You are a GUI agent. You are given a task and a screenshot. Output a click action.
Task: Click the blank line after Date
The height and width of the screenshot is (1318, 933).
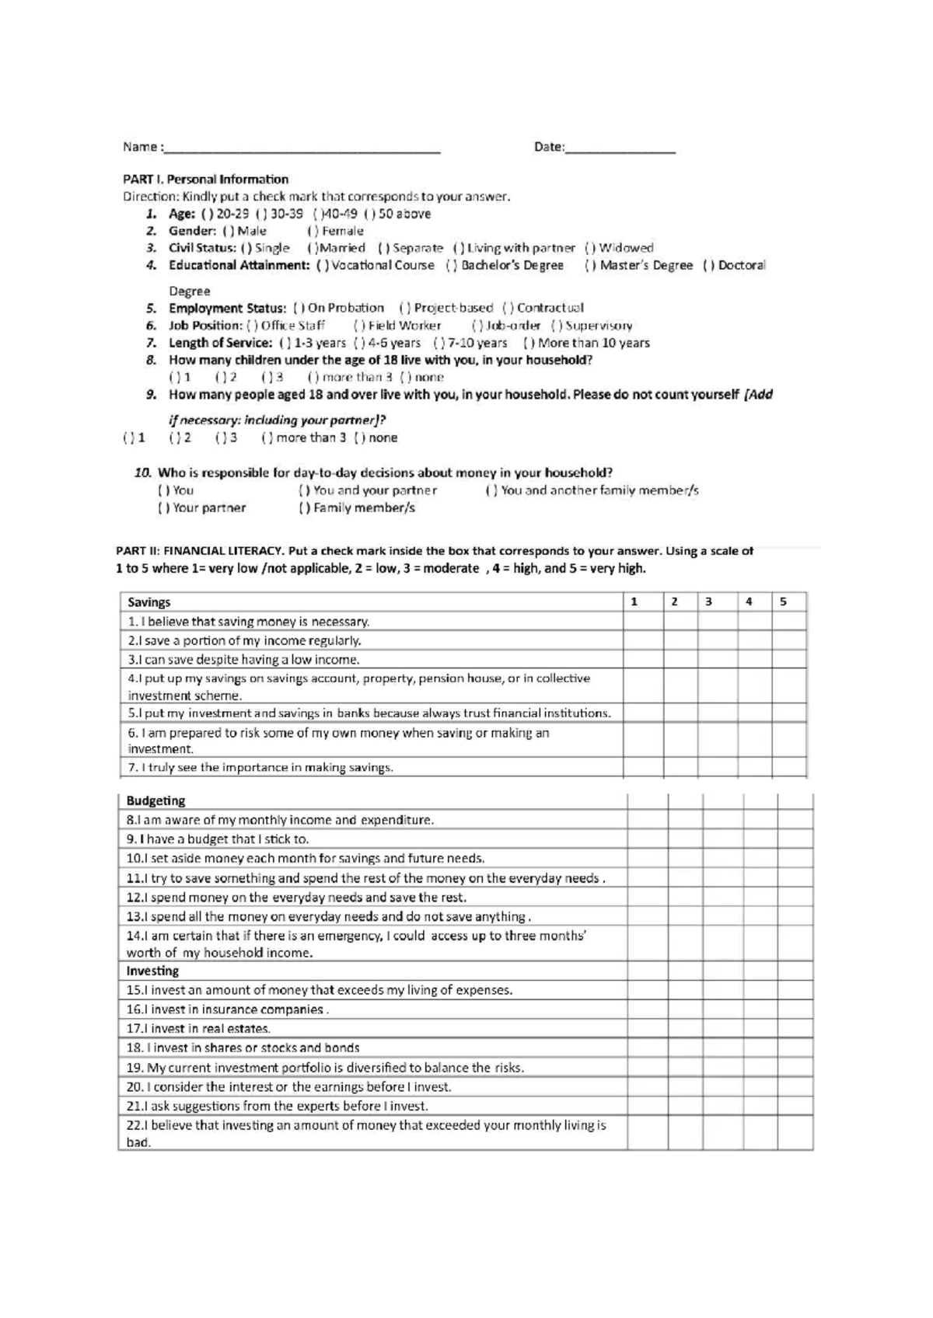click(x=620, y=148)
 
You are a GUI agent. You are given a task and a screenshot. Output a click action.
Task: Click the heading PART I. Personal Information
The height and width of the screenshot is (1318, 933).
click(x=205, y=180)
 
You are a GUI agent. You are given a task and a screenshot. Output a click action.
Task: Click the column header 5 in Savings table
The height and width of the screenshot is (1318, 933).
click(x=784, y=602)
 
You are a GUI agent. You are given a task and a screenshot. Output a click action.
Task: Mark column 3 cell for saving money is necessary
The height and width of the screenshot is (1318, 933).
click(x=717, y=622)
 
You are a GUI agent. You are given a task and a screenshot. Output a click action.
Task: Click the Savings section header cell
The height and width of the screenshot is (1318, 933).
click(x=149, y=602)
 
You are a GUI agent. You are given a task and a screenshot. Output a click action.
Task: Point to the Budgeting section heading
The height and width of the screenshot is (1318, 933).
click(x=155, y=801)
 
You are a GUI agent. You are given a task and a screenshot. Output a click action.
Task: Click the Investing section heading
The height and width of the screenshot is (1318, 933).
click(x=152, y=971)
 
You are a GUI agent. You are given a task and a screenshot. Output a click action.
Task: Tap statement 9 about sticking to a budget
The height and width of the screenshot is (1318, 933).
click(x=218, y=840)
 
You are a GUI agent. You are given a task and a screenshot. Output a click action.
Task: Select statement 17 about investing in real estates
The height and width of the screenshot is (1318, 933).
click(x=198, y=1029)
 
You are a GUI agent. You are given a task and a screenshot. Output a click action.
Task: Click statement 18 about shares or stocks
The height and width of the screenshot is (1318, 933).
click(x=243, y=1048)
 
